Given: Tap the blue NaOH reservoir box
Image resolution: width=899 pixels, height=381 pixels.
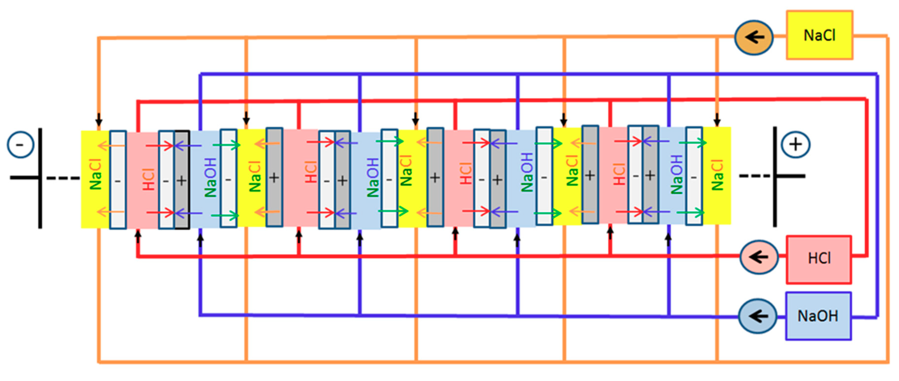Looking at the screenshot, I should (x=818, y=316).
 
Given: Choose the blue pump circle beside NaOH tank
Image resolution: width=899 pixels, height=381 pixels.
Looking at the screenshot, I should (x=757, y=316).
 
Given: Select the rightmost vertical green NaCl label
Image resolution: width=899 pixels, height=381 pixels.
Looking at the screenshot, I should (x=717, y=175).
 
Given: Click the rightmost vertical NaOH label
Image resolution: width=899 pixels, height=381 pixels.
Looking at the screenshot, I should (x=676, y=174).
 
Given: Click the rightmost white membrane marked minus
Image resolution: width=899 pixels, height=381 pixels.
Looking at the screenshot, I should (x=694, y=176).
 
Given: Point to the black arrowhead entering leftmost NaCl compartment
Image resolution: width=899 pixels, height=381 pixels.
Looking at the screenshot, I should (x=99, y=121).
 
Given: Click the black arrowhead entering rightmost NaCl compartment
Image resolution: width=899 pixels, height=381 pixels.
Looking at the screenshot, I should (x=717, y=121).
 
